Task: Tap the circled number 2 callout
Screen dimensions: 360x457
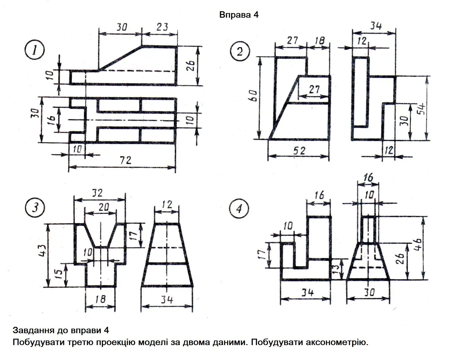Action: coord(240,51)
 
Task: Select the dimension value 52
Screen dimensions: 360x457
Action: coord(299,150)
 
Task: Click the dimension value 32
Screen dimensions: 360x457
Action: coord(98,193)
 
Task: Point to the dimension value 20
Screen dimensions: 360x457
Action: coord(104,207)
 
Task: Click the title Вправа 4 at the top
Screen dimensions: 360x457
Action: coord(239,15)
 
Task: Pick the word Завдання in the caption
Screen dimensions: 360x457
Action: coord(32,330)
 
